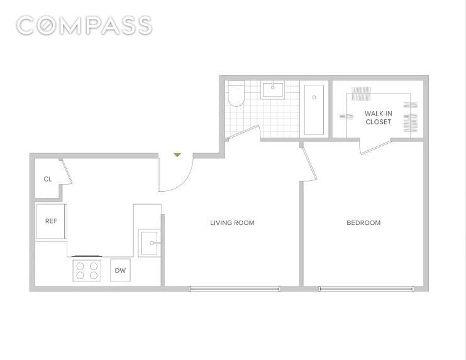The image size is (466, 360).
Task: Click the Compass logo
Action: pyautogui.click(x=84, y=26)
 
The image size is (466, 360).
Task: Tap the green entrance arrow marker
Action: pyautogui.click(x=177, y=155)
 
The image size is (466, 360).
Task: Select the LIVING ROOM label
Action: pyautogui.click(x=232, y=223)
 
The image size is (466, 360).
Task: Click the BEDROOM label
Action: pyautogui.click(x=363, y=223)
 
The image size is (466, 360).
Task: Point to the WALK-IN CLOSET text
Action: pyautogui.click(x=379, y=117)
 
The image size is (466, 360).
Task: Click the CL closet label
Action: pyautogui.click(x=48, y=179)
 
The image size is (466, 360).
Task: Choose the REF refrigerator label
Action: pyautogui.click(x=51, y=221)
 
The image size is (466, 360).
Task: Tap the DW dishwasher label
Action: pyautogui.click(x=120, y=270)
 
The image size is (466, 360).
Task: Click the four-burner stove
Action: pyautogui.click(x=87, y=271)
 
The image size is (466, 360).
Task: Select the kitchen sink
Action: pyautogui.click(x=149, y=243)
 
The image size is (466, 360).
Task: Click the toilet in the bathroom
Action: pyautogui.click(x=236, y=94)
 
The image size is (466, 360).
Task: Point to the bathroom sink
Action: pyautogui.click(x=272, y=90)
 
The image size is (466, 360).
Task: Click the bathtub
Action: pyautogui.click(x=314, y=110)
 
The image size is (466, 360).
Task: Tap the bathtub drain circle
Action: pyautogui.click(x=314, y=97)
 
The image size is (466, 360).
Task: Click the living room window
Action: pyautogui.click(x=235, y=288)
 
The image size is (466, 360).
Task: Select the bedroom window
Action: pyautogui.click(x=366, y=288)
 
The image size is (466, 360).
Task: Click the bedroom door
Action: pyautogui.click(x=309, y=162)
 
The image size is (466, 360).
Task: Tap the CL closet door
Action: pyautogui.click(x=66, y=172)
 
